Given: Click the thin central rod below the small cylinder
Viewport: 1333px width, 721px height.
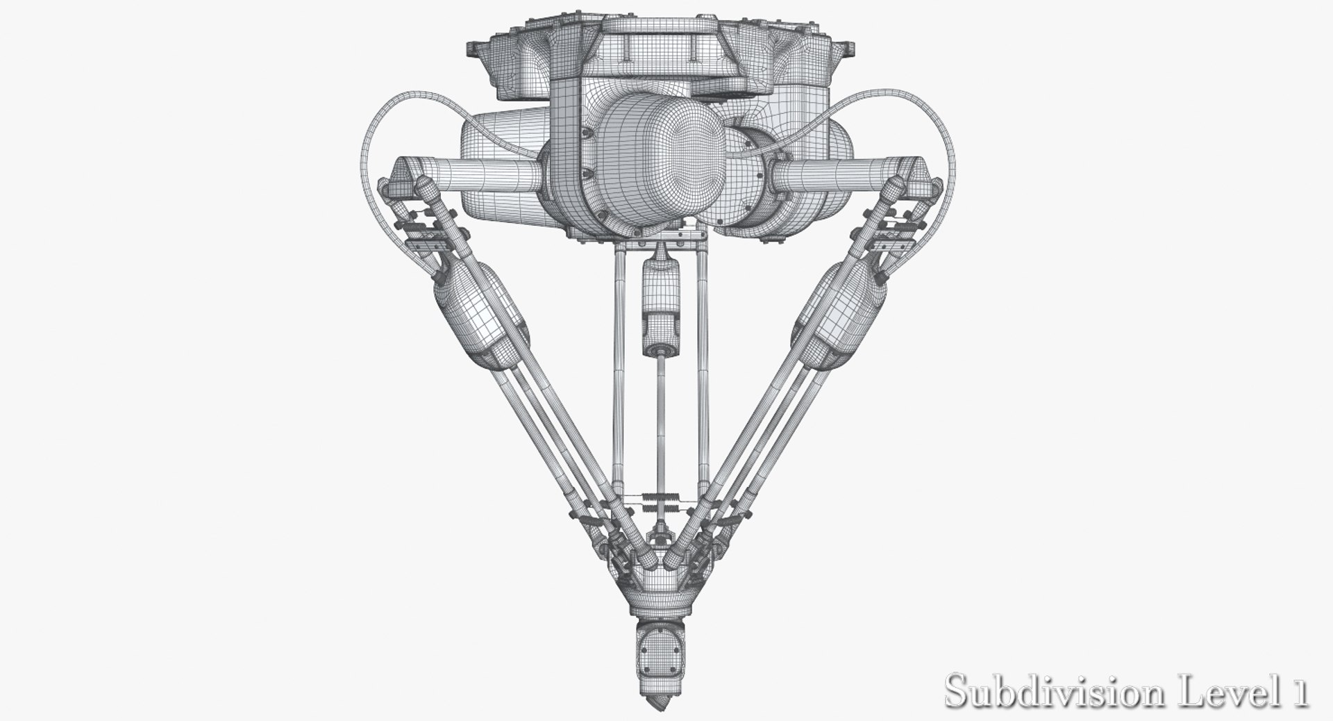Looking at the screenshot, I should pyautogui.click(x=658, y=417).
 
